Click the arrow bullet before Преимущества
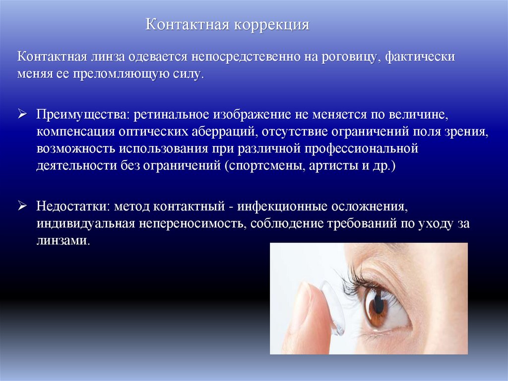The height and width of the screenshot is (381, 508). coord(22,114)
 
